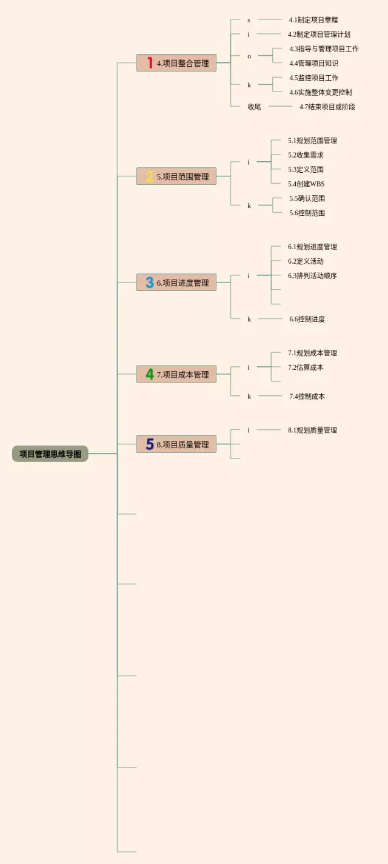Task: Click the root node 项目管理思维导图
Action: point(50,454)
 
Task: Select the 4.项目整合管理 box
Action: point(176,63)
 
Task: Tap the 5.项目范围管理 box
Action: point(176,176)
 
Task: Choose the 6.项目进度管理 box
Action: point(176,283)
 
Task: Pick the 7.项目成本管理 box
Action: point(176,374)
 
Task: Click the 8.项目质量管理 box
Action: point(176,444)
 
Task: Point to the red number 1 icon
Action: point(150,63)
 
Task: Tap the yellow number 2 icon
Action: point(149,176)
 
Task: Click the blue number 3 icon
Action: point(149,283)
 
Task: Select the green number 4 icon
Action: point(149,374)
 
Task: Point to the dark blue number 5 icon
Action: point(149,444)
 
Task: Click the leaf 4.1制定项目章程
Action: point(313,20)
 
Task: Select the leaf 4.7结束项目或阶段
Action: point(327,107)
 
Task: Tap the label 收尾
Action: point(254,107)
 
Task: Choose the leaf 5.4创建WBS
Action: point(306,184)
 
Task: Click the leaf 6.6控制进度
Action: point(307,319)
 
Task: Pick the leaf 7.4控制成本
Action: point(307,397)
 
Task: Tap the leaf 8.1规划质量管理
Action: point(312,430)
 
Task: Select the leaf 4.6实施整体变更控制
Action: point(320,92)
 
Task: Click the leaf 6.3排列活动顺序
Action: point(312,276)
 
